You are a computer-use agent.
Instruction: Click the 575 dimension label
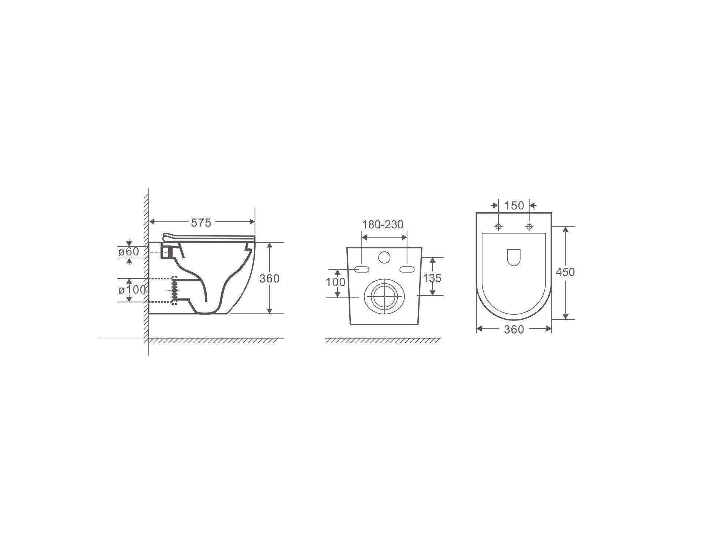[201, 223]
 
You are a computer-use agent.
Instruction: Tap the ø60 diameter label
[129, 251]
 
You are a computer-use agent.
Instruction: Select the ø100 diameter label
[132, 290]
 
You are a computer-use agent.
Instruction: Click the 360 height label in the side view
[269, 278]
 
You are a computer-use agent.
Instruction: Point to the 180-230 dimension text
[383, 224]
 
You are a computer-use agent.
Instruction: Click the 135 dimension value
[432, 278]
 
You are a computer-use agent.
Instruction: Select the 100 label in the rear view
[335, 282]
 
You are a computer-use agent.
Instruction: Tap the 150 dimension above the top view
[514, 206]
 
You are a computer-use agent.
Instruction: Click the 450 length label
[565, 272]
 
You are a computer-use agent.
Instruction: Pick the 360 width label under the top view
[514, 330]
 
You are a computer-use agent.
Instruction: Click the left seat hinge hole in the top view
[498, 227]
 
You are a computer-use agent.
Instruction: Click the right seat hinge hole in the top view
[529, 227]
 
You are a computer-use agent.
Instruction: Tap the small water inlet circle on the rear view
[384, 258]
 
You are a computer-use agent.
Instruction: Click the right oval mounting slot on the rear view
[407, 269]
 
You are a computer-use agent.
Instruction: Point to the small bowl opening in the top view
[514, 257]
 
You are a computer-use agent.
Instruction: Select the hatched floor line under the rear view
[382, 341]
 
